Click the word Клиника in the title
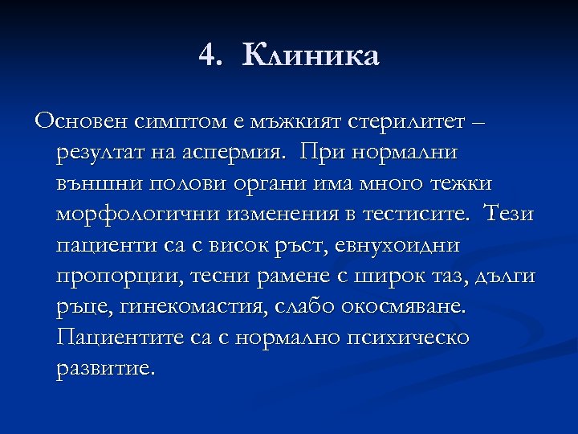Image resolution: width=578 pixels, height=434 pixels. (310, 56)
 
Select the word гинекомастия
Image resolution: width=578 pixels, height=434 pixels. (199, 307)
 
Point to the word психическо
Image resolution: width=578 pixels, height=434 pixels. (407, 338)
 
